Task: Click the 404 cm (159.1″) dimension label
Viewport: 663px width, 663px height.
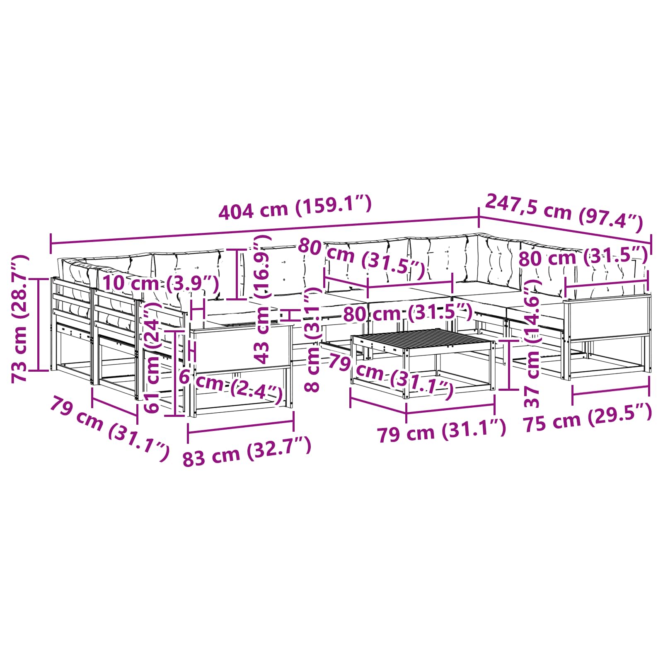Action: (x=295, y=208)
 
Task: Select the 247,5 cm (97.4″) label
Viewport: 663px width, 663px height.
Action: (x=564, y=213)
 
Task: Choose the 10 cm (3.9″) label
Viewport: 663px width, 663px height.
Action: (x=161, y=283)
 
